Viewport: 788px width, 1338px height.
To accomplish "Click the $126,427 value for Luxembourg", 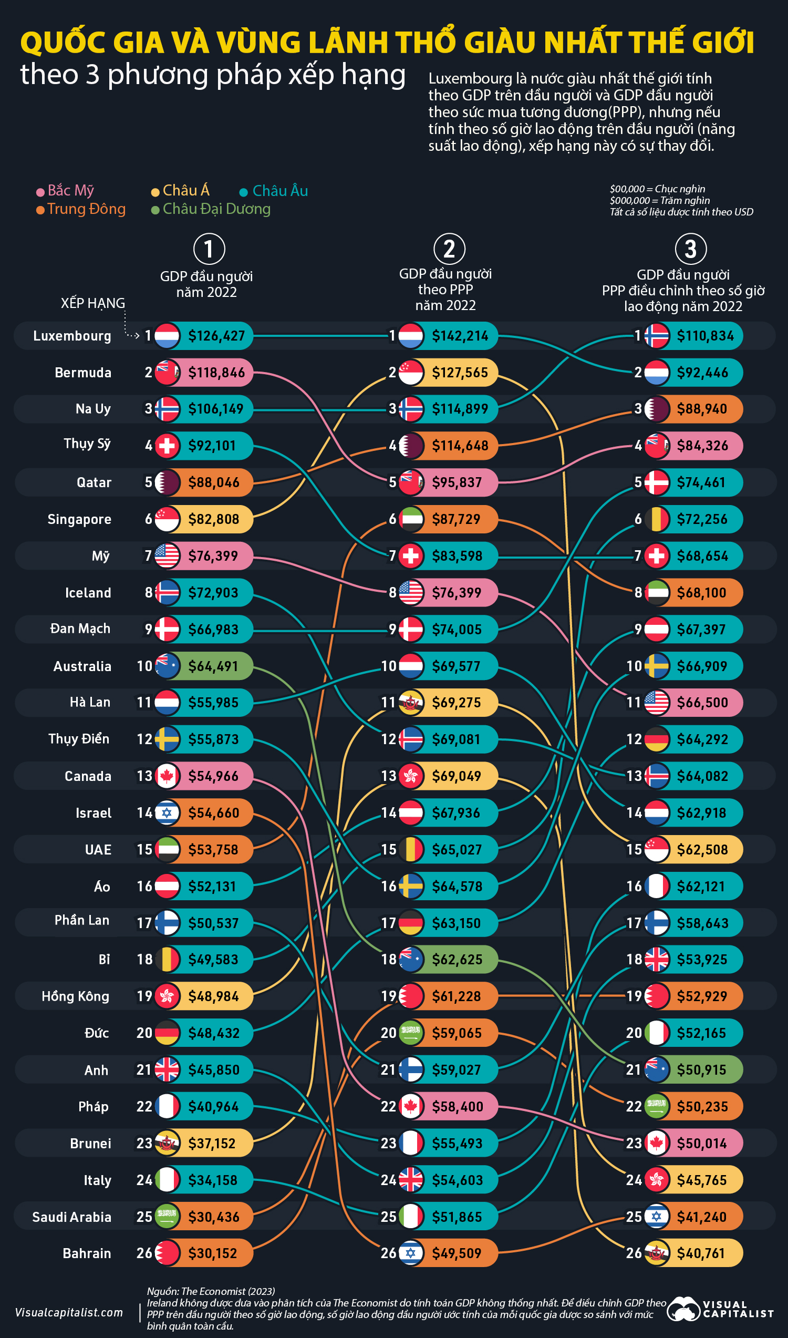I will (216, 336).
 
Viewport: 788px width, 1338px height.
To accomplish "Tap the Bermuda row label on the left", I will (83, 373).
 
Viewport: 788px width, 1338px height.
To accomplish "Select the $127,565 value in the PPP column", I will (460, 373).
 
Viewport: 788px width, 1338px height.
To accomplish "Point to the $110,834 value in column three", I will (705, 336).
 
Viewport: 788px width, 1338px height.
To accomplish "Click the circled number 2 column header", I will (449, 249).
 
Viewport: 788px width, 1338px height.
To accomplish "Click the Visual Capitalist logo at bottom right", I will (720, 1309).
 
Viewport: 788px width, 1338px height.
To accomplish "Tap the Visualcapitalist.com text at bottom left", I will (69, 1312).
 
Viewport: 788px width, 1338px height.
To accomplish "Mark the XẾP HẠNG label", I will (93, 303).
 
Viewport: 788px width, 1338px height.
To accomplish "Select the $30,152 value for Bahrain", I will (212, 1253).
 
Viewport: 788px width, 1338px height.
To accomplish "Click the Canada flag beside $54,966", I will (167, 776).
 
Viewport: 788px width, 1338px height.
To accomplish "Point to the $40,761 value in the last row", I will (700, 1253).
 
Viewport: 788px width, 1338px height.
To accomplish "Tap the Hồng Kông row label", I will (76, 996).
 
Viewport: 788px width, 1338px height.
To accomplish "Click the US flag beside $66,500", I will (657, 702).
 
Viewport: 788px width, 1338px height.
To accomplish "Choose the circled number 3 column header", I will (690, 249).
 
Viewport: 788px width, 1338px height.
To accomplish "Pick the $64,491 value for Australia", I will (213, 666).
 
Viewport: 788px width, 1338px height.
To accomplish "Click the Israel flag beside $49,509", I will (410, 1253).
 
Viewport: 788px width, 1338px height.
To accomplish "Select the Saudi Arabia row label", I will (71, 1217).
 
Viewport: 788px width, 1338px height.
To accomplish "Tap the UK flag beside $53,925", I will (657, 959).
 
